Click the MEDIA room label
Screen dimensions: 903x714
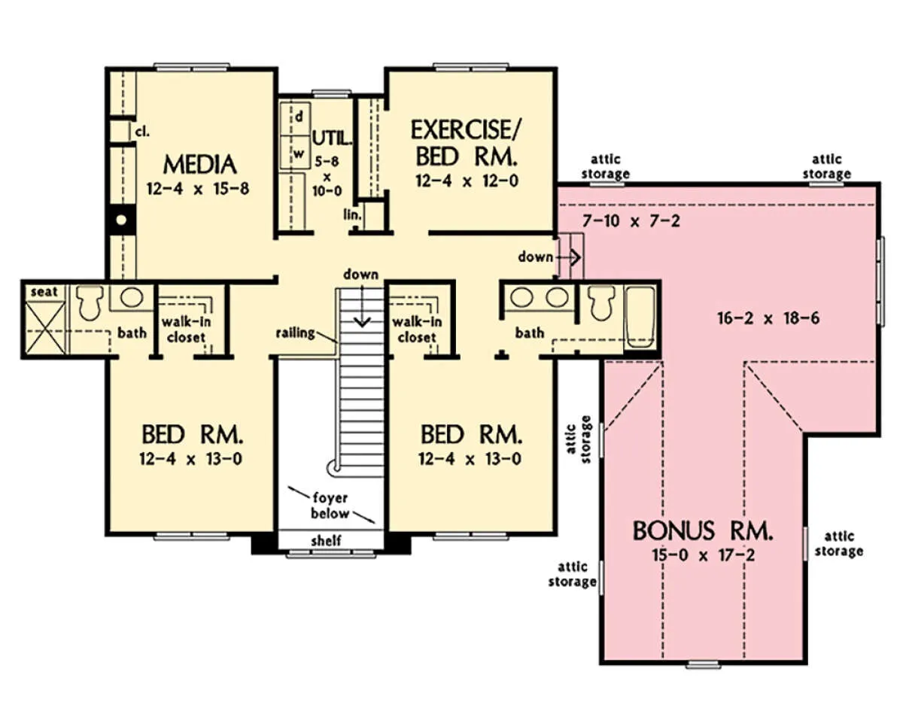199,165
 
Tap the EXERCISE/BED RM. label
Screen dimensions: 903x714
465,143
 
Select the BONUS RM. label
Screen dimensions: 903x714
702,530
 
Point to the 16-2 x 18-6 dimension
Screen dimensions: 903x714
768,318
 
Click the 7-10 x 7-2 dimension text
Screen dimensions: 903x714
631,220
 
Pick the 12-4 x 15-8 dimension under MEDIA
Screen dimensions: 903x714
198,188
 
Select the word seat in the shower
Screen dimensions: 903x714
44,292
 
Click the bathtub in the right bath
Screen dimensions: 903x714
640,318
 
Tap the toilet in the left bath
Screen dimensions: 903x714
90,302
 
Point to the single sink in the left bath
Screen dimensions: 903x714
132,297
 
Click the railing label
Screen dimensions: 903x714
296,333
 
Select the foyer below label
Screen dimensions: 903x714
330,506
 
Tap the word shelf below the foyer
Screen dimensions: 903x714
326,540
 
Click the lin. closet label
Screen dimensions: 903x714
352,214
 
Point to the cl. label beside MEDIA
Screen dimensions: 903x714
142,132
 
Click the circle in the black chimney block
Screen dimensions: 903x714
121,220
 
